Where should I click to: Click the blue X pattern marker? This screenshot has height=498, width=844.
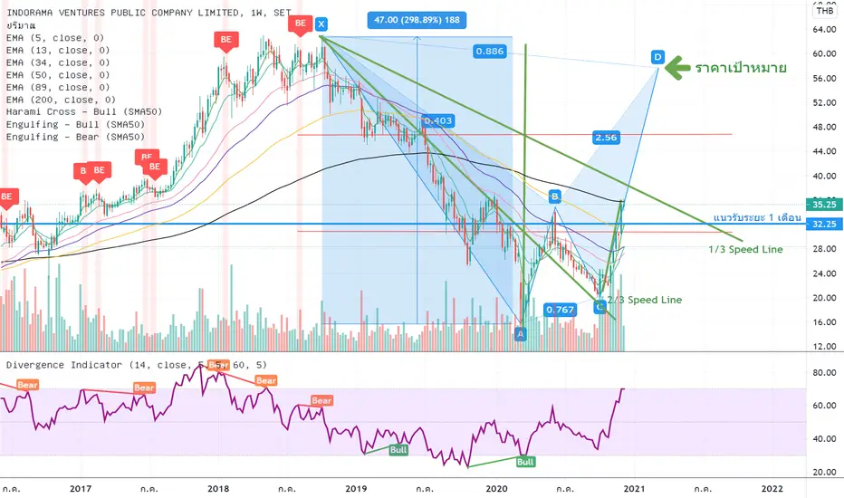pyautogui.click(x=321, y=24)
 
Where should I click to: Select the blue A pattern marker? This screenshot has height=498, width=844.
pyautogui.click(x=520, y=334)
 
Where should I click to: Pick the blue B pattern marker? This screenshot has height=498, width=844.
pyautogui.click(x=555, y=196)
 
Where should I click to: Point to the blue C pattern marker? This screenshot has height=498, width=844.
pyautogui.click(x=599, y=307)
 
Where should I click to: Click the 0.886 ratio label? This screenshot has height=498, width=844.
pyautogui.click(x=489, y=53)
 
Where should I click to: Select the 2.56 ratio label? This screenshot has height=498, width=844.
pyautogui.click(x=606, y=137)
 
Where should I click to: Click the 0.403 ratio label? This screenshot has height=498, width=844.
pyautogui.click(x=438, y=120)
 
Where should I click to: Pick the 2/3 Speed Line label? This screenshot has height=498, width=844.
pyautogui.click(x=644, y=300)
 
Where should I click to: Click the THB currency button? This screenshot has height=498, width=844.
pyautogui.click(x=825, y=10)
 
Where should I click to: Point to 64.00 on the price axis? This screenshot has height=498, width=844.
pyautogui.click(x=824, y=29)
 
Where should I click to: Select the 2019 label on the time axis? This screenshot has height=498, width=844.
pyautogui.click(x=353, y=489)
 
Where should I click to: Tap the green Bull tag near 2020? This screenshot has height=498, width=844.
pyautogui.click(x=525, y=462)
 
